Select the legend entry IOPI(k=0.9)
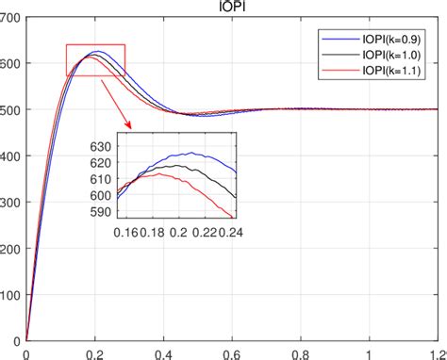tap(398, 40)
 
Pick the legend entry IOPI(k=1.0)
tap(398, 56)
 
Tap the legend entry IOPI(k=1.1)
tap(398, 71)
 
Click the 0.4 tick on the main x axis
tap(163, 352)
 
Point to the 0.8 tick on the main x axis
tap(301, 352)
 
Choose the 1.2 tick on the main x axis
tap(437, 352)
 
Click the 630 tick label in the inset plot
tap(100, 146)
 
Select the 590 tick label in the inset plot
tap(100, 212)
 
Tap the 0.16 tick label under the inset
tap(125, 231)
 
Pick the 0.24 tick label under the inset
tap(223, 231)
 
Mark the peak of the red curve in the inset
tap(160, 174)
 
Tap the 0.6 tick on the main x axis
tap(232, 352)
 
